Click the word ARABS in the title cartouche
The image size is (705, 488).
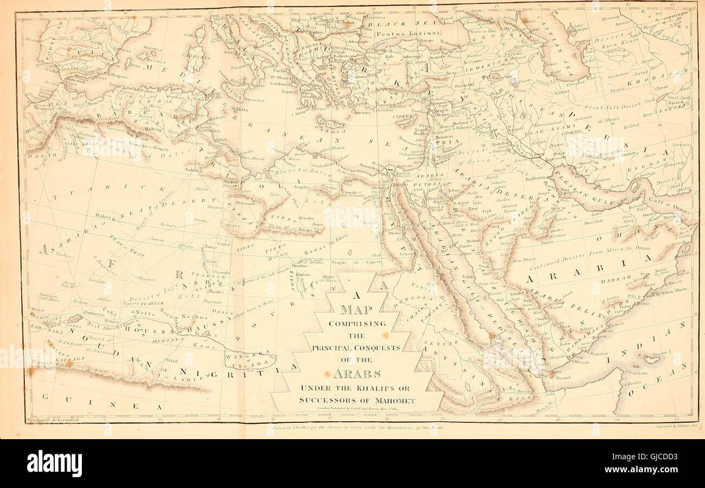[356, 373]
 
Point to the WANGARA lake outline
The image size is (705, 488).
[251, 359]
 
